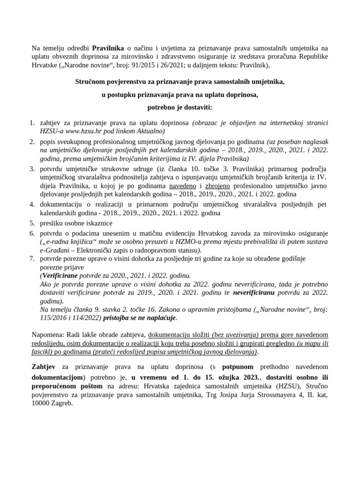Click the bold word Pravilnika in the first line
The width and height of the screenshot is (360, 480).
[108, 48]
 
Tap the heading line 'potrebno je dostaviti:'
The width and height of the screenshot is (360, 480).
[180, 107]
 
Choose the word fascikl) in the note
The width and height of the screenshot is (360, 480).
[45, 352]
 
